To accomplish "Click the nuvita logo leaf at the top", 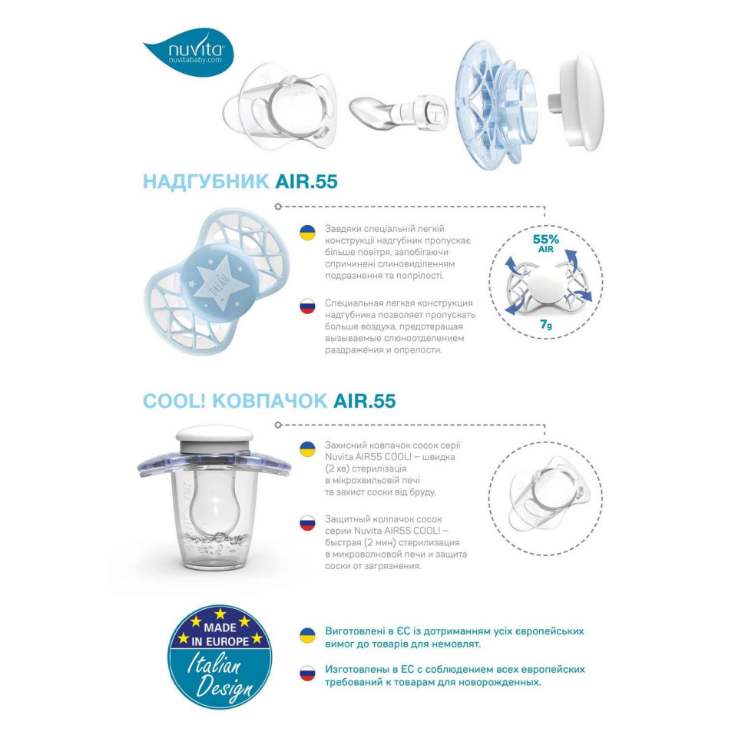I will tap(187, 52).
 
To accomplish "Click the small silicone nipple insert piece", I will tap(396, 110).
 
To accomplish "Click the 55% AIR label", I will tap(545, 243).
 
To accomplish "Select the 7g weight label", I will tap(545, 325).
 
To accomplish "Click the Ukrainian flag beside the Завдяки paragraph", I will tap(307, 233).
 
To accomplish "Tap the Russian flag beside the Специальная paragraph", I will tap(307, 306).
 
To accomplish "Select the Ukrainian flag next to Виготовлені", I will tap(307, 636).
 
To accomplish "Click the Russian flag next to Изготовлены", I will tap(307, 674).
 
